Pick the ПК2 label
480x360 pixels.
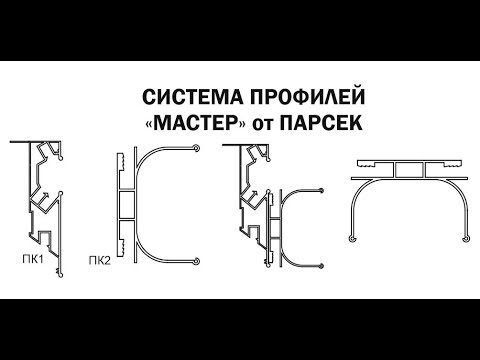point(100,263)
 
